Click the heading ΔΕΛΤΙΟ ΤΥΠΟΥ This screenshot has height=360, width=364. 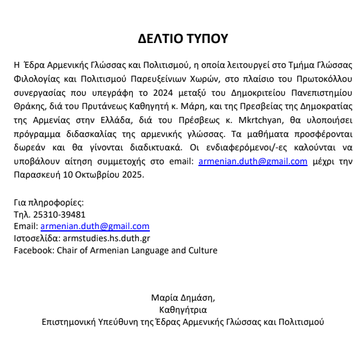(182, 39)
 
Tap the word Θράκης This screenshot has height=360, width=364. (27, 107)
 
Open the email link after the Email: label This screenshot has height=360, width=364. (95, 227)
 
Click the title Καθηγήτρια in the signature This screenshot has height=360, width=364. (182, 310)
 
